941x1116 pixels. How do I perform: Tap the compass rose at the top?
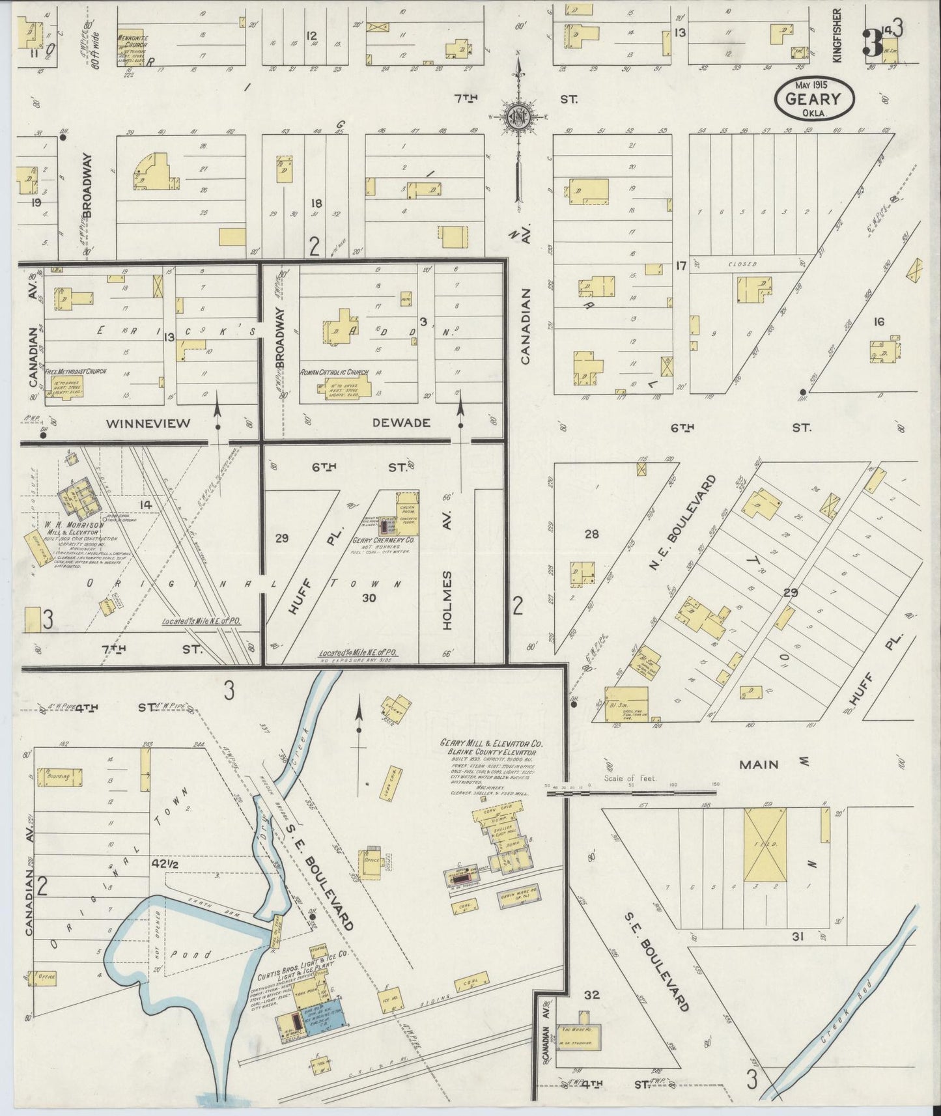click(520, 117)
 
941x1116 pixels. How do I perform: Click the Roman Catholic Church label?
click(334, 372)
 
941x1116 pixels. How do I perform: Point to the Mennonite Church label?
click(133, 38)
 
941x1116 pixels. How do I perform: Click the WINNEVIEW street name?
click(148, 423)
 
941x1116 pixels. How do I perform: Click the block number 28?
click(591, 535)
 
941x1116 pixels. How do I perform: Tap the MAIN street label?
click(759, 764)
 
